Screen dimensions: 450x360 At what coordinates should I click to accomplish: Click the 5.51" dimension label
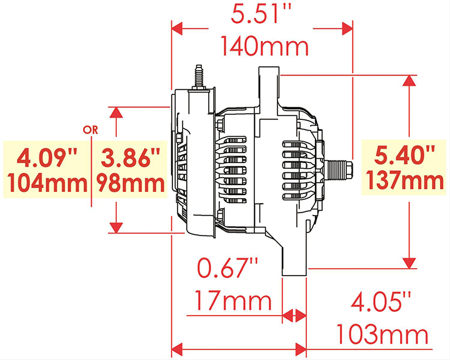point(261,14)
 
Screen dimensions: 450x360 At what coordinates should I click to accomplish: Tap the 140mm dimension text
point(264,46)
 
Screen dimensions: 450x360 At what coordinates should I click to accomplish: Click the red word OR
point(91,130)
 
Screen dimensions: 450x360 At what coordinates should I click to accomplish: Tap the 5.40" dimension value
point(404,155)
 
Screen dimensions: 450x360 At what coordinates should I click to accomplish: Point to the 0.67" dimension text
point(227,267)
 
